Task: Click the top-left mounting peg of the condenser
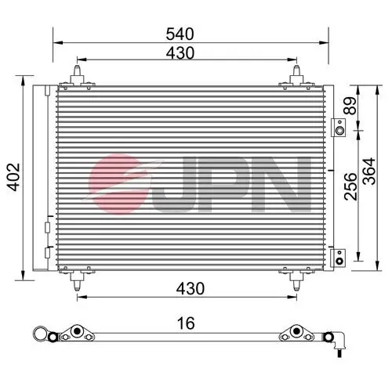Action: point(78,76)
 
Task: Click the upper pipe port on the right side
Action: point(339,128)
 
